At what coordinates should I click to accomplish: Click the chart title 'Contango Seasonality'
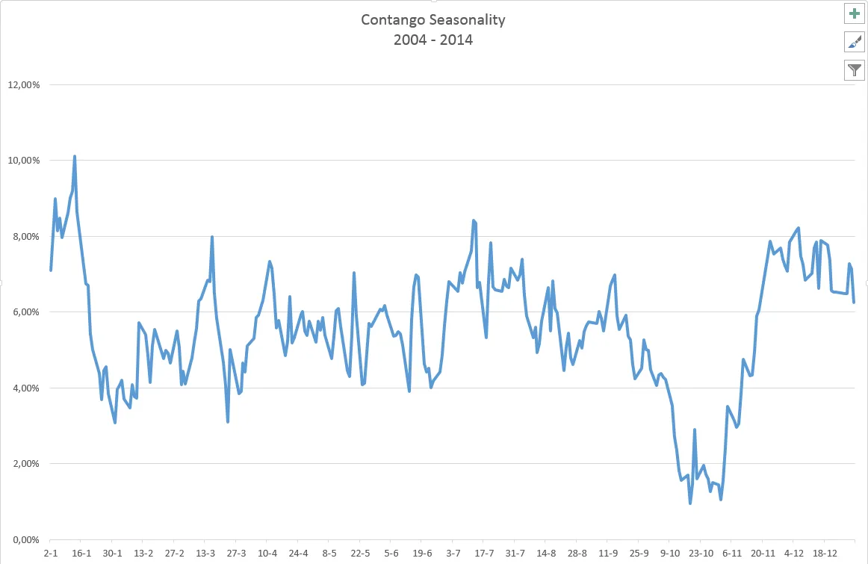click(433, 19)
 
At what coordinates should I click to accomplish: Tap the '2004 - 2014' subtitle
click(433, 40)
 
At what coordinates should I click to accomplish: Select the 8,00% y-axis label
click(25, 236)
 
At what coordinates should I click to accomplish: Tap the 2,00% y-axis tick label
click(25, 463)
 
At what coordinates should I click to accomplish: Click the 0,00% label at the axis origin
click(25, 539)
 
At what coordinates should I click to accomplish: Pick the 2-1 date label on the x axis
click(51, 554)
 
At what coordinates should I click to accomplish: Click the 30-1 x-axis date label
click(112, 554)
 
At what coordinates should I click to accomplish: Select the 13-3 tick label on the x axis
click(205, 554)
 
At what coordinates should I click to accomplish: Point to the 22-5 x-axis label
click(360, 554)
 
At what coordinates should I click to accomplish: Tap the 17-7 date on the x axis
click(484, 554)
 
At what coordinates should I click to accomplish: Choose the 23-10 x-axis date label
click(701, 554)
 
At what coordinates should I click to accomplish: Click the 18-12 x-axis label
click(824, 554)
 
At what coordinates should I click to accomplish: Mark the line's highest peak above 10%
click(75, 156)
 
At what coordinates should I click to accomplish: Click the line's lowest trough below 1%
click(690, 503)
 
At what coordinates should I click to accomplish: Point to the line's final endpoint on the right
click(854, 302)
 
